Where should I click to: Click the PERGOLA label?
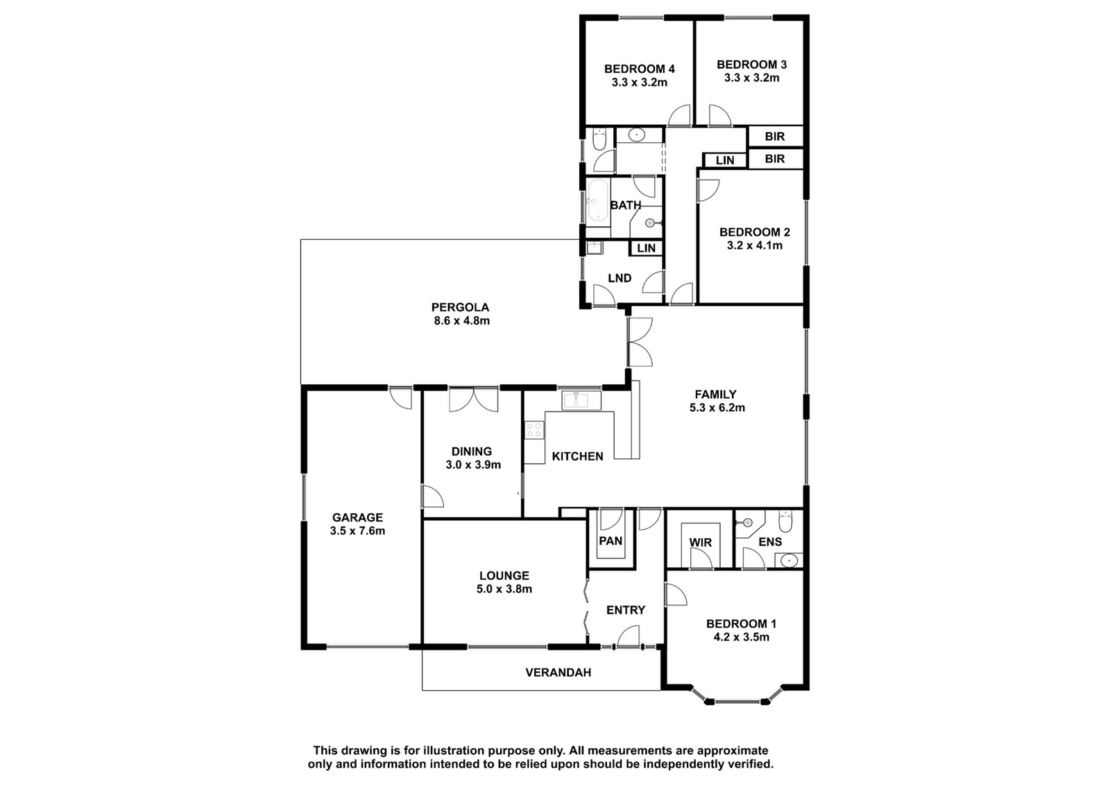click(460, 308)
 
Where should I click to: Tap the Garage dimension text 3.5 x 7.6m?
click(357, 531)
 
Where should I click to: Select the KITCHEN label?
click(577, 456)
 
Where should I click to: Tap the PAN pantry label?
click(610, 541)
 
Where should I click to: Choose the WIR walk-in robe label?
click(700, 542)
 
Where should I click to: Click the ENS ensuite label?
click(770, 542)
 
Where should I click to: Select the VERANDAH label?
click(558, 673)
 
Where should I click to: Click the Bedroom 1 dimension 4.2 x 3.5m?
click(742, 637)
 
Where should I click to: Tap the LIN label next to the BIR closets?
click(725, 160)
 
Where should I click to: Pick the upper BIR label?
click(774, 136)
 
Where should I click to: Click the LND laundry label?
click(620, 278)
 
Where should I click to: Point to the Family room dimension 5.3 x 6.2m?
click(717, 408)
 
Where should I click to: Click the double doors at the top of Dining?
click(473, 400)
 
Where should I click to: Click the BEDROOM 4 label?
click(639, 69)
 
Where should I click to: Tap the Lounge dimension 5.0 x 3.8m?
click(504, 589)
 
